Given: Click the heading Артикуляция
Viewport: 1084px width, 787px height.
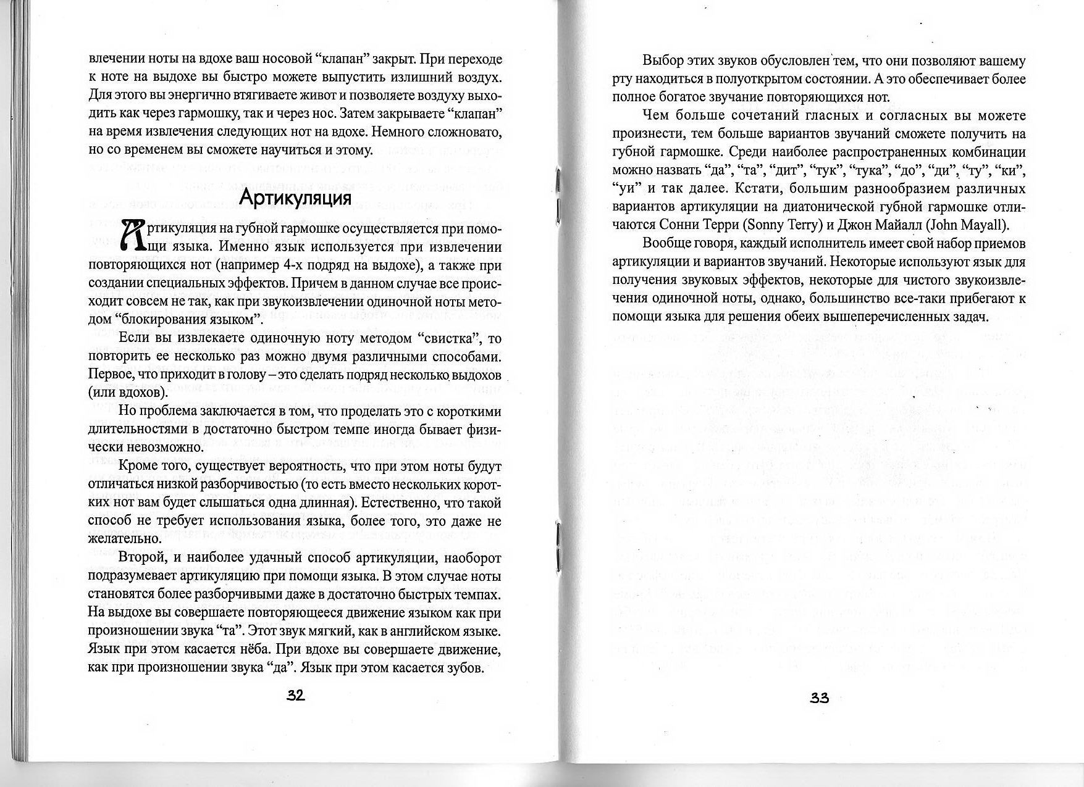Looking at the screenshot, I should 295,197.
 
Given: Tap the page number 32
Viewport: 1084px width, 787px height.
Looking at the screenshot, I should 295,696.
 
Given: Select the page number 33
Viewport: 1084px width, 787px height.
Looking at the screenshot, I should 819,697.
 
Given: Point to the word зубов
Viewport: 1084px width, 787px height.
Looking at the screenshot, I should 463,668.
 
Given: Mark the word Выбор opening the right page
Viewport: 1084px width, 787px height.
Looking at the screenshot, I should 663,60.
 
